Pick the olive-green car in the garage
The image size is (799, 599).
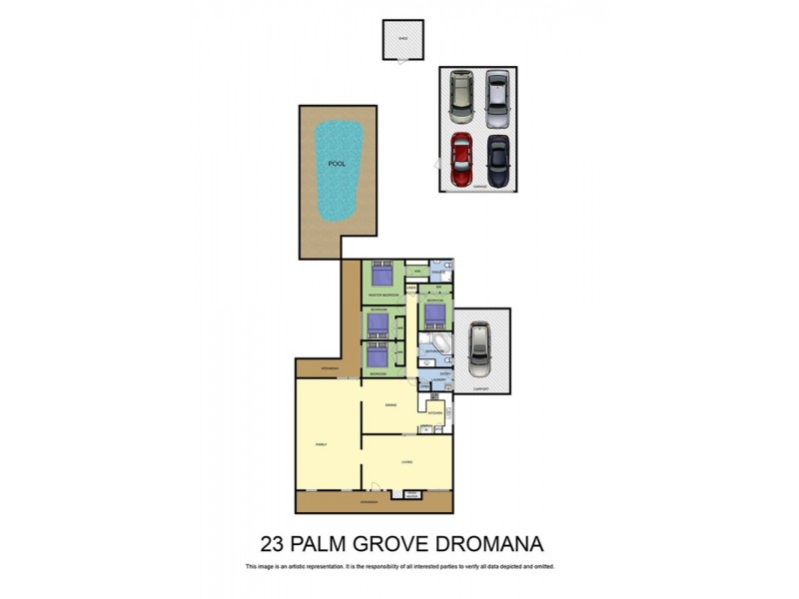point(460,94)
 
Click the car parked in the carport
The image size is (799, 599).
point(480,345)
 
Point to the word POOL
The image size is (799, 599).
point(338,163)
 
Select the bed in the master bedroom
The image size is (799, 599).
point(384,275)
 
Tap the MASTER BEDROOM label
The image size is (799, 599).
point(384,297)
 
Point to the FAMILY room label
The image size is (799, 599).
point(322,445)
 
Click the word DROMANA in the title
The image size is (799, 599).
point(487,544)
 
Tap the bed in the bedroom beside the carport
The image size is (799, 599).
point(435,315)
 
